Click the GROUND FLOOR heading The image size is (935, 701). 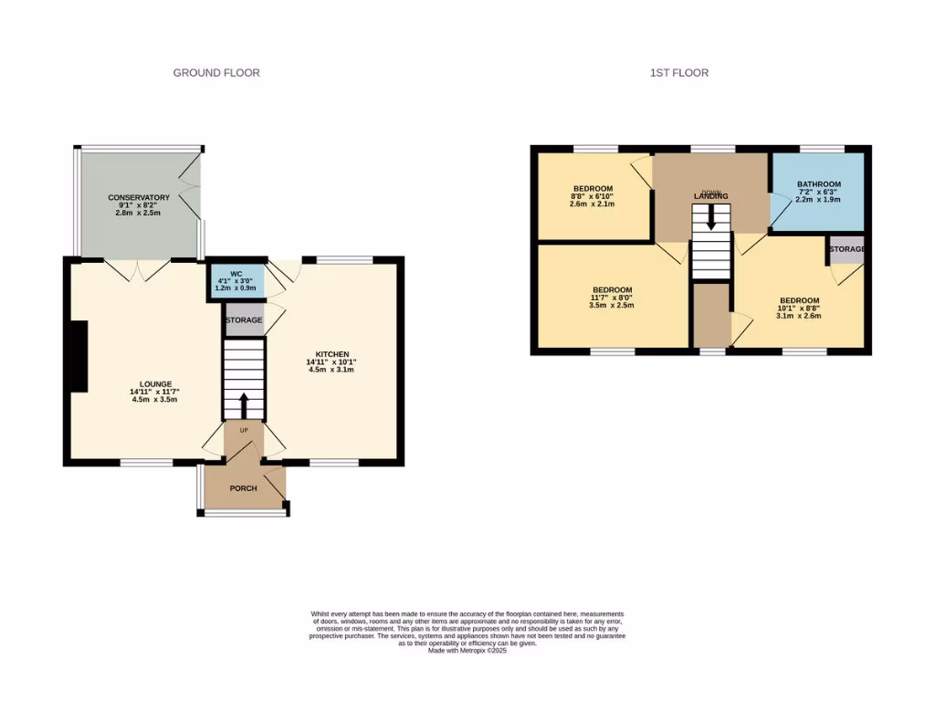click(216, 73)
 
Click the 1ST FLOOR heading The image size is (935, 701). click(678, 73)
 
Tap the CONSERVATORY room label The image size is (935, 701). click(139, 198)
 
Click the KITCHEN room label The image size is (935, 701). click(332, 354)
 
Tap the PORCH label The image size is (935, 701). click(243, 488)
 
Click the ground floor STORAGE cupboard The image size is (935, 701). click(244, 320)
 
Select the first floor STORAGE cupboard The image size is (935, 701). click(846, 249)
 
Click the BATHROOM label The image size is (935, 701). click(818, 184)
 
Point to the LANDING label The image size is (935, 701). click(711, 196)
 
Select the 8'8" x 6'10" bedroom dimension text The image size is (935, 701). click(593, 196)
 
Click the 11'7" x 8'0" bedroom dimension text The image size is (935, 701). click(610, 298)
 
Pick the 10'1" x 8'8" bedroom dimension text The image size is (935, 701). click(799, 309)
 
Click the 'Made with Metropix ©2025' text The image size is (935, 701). click(467, 650)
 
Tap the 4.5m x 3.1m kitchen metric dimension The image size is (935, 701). click(332, 371)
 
